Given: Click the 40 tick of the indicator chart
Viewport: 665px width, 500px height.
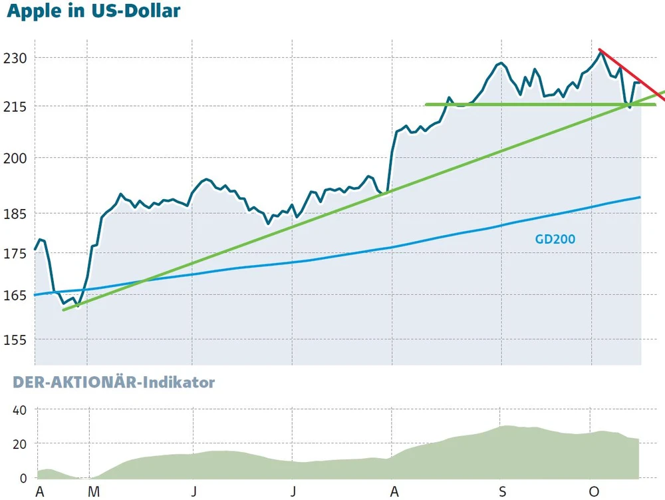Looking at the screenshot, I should tap(19, 410).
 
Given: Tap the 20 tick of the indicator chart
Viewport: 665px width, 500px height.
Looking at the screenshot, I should tap(19, 444).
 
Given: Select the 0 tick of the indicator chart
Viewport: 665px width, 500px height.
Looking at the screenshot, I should tap(23, 478).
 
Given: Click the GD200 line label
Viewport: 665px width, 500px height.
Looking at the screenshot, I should tap(555, 239).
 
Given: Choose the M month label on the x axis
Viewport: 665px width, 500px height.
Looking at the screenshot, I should tap(94, 492).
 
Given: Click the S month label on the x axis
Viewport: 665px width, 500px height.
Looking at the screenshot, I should tap(503, 492).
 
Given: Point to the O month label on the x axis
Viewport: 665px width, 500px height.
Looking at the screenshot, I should tap(594, 492).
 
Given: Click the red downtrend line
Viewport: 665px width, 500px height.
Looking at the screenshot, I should tap(632, 71).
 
